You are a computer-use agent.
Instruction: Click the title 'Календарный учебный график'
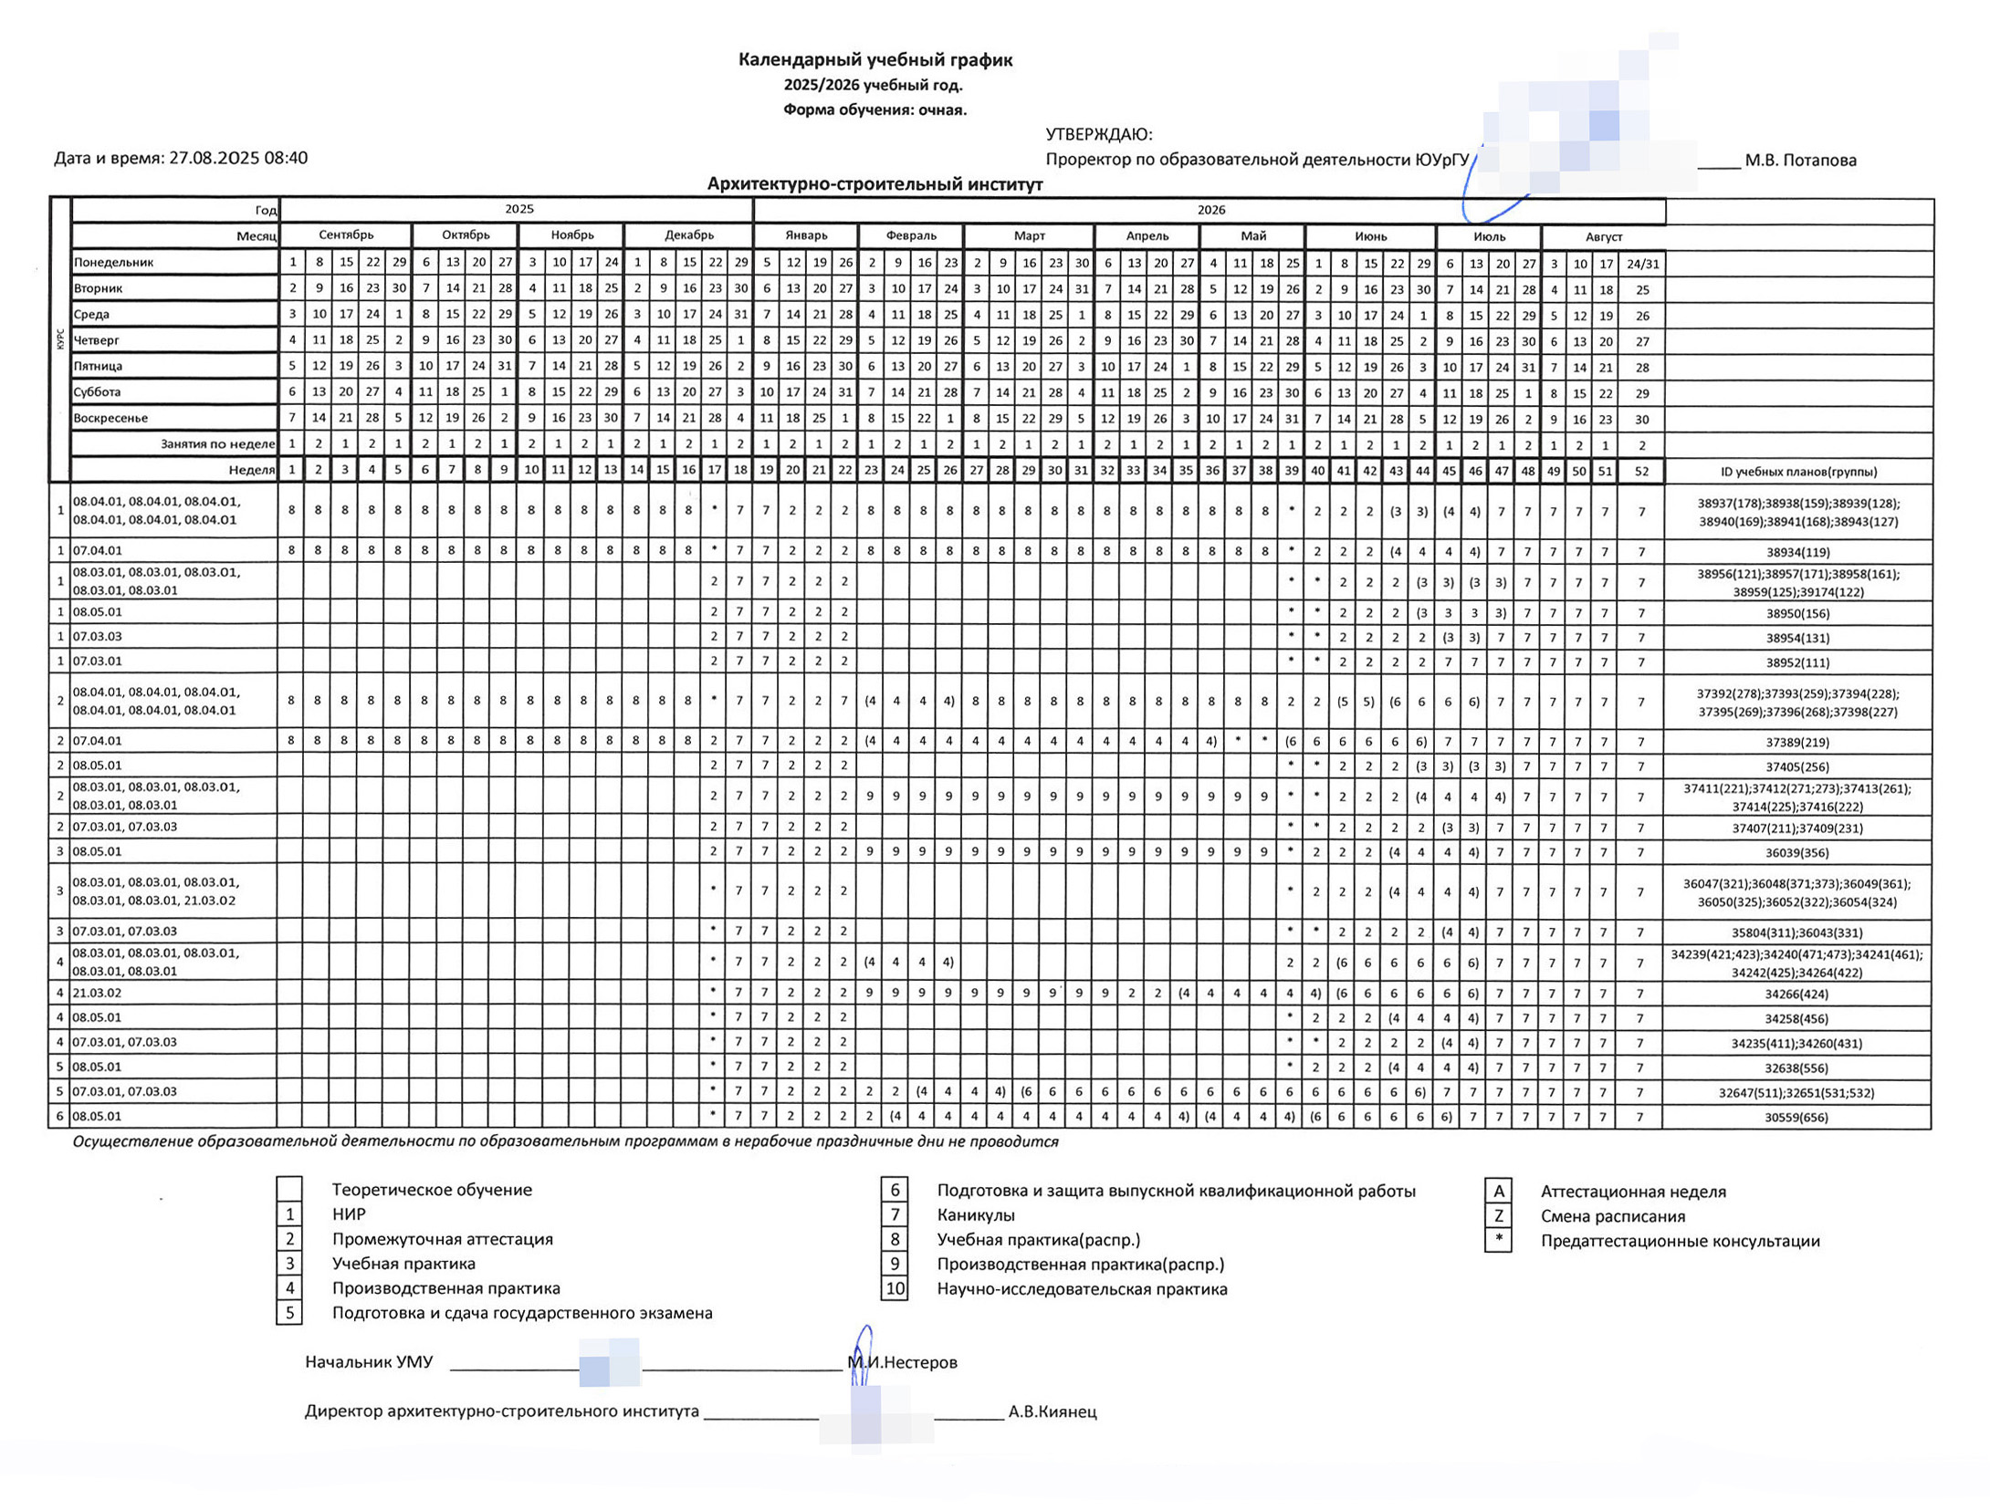point(875,60)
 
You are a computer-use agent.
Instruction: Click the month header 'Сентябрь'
point(346,235)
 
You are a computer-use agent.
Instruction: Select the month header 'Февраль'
point(910,236)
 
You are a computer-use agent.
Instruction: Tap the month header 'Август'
point(1603,237)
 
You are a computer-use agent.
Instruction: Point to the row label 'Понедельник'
point(114,263)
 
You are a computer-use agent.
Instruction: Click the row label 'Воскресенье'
point(110,418)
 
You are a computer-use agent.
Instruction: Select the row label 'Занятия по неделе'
point(217,444)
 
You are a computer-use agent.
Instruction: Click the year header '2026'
point(1210,211)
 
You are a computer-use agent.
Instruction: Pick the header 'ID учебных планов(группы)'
point(1797,472)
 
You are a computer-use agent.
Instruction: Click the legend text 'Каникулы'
point(976,1214)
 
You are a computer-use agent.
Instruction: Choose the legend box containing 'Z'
point(1498,1215)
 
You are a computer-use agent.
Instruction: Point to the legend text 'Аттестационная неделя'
point(1633,1192)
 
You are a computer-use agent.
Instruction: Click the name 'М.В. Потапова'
point(1800,161)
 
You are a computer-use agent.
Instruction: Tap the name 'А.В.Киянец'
point(1052,1411)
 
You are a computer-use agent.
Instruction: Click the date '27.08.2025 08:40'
point(238,158)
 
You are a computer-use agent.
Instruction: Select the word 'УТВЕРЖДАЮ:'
point(1099,135)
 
